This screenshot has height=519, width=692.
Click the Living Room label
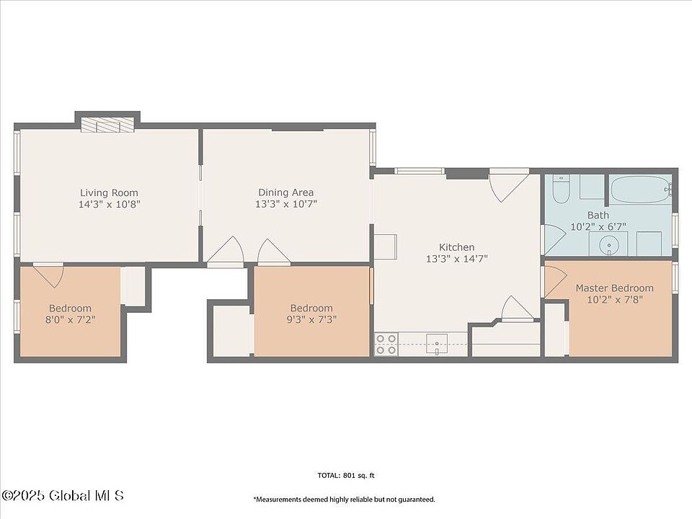(109, 193)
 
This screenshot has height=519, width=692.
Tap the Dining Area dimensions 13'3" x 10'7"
(286, 204)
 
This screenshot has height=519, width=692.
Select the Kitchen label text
(457, 247)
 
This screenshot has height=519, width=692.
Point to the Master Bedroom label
(614, 288)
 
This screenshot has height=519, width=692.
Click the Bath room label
(598, 216)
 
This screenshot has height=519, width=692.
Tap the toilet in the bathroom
(561, 189)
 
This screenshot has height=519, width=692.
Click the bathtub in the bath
(642, 190)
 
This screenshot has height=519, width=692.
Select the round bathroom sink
(610, 244)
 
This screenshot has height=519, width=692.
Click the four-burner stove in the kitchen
(386, 345)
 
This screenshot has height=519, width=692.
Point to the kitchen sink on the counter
(437, 345)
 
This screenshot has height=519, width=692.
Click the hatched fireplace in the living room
(107, 125)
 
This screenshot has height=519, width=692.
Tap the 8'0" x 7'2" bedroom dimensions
(71, 319)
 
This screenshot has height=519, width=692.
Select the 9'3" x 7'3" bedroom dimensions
(311, 319)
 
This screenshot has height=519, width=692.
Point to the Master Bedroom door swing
(554, 282)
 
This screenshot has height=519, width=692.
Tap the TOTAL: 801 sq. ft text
(346, 475)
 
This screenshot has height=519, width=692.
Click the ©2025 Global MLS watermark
(63, 496)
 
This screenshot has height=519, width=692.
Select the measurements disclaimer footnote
(345, 500)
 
